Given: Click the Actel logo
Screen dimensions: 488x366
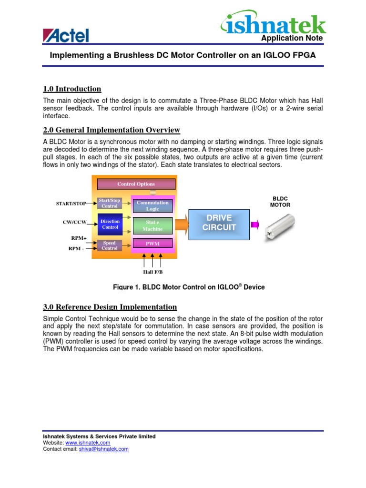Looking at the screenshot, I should (x=66, y=35).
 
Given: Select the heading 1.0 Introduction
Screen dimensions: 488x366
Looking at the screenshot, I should (x=72, y=89).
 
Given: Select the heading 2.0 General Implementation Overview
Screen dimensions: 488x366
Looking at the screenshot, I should (x=112, y=130).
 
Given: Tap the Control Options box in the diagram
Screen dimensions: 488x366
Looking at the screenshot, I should (x=136, y=184).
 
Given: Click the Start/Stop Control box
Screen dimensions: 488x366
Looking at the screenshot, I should (x=109, y=203).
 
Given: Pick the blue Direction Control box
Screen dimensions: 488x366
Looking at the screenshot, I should (x=110, y=224).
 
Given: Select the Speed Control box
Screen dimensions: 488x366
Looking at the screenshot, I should (x=109, y=245).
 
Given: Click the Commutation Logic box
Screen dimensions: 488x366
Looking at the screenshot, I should (x=152, y=205).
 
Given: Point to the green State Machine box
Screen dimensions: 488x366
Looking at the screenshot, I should (x=152, y=225).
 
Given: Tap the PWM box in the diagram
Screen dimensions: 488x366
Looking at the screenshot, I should (x=152, y=244).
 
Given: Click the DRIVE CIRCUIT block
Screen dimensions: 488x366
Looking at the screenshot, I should (x=219, y=223).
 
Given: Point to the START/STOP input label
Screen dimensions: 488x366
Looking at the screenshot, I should (x=71, y=203).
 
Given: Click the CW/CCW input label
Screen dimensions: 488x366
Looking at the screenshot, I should (x=74, y=222).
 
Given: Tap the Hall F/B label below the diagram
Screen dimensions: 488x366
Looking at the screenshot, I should (x=152, y=272).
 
